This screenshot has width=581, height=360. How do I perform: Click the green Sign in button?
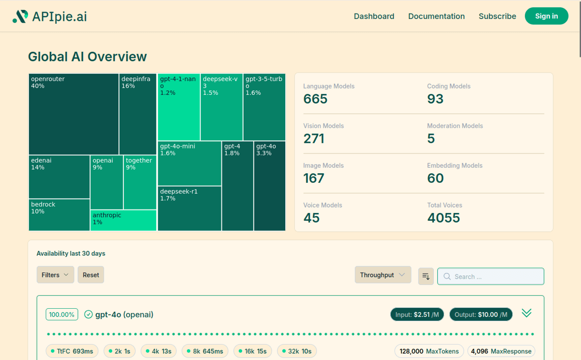coord(546,16)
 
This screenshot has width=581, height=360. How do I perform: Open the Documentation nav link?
coord(436,16)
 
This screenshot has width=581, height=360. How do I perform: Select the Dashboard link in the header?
coord(374,16)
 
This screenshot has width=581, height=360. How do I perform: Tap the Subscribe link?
coord(497,16)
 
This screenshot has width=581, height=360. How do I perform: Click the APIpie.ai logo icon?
coord(20,16)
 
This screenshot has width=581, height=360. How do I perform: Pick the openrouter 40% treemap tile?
coord(74,114)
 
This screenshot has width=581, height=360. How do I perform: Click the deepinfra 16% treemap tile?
coord(138,114)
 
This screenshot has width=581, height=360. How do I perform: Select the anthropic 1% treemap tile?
coord(123,220)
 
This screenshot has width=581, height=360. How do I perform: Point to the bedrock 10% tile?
coord(59,215)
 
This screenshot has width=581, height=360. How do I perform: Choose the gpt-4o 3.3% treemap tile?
coord(270,186)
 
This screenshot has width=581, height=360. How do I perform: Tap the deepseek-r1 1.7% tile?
coord(189,209)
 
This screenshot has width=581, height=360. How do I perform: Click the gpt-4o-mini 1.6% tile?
coord(189,164)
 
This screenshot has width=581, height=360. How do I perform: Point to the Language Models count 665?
coord(316,99)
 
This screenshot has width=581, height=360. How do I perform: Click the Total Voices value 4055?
coord(443,218)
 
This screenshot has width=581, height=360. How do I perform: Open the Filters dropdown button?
coord(55,275)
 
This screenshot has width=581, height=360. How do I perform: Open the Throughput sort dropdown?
coord(382,275)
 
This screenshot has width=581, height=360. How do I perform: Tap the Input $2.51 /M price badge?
coord(417,315)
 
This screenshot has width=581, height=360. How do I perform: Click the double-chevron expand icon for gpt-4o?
coord(527,313)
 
